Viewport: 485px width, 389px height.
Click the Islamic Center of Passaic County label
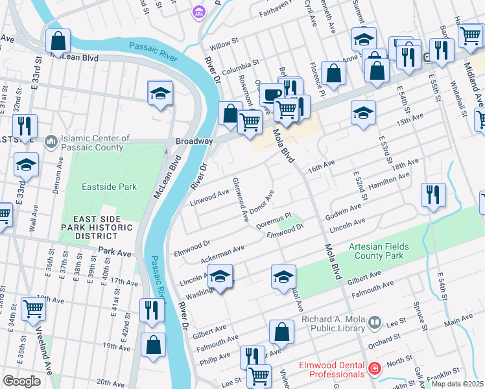pos(91,143)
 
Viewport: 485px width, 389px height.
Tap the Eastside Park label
pos(109,187)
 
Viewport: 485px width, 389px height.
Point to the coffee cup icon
pos(271,95)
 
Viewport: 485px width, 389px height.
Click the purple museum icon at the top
pos(199,12)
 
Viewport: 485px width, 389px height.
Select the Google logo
pos(21,381)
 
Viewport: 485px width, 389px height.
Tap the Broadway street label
pos(194,141)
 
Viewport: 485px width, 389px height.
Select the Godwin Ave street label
pos(343,211)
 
